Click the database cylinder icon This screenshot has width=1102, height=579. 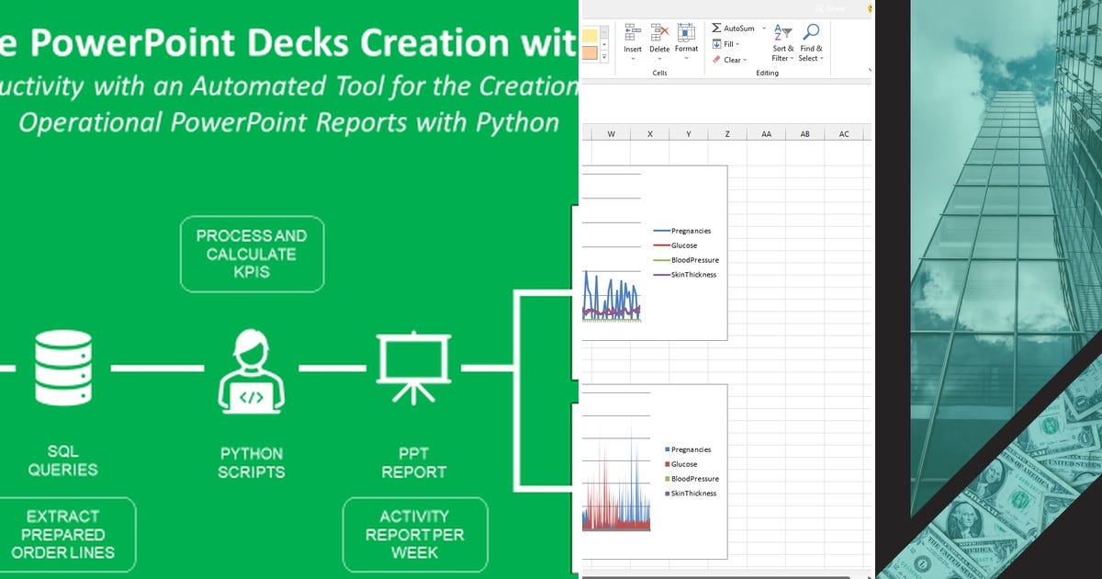[62, 368]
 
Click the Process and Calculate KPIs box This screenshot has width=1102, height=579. [252, 254]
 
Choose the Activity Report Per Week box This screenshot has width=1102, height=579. [414, 534]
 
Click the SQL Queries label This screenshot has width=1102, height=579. [62, 460]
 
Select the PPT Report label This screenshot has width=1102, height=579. [413, 462]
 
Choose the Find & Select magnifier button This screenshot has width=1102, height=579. [811, 42]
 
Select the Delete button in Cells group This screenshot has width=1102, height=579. [659, 42]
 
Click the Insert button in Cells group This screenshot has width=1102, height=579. [633, 42]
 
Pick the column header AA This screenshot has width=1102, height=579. [766, 134]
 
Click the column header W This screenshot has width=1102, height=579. [611, 134]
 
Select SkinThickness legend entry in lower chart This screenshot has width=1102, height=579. [692, 494]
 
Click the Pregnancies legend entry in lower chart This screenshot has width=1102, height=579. [690, 449]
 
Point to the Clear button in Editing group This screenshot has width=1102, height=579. [730, 60]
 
